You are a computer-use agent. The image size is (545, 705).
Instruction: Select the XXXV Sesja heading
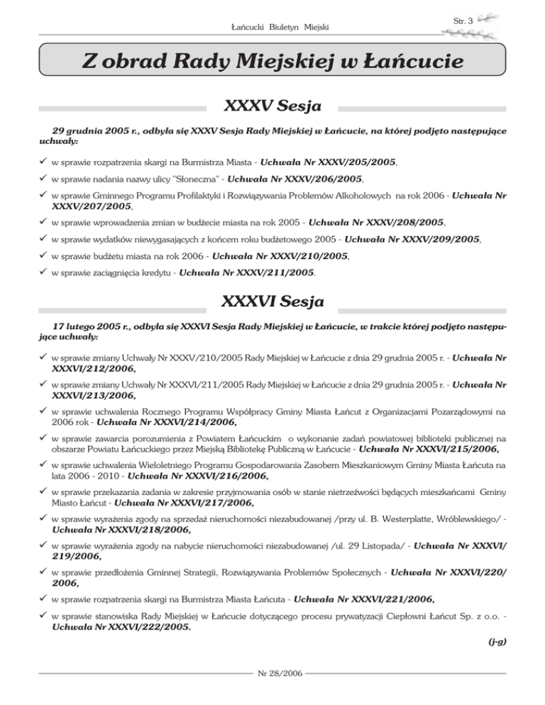point(272,108)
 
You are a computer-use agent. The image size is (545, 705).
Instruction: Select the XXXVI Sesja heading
point(272,301)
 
